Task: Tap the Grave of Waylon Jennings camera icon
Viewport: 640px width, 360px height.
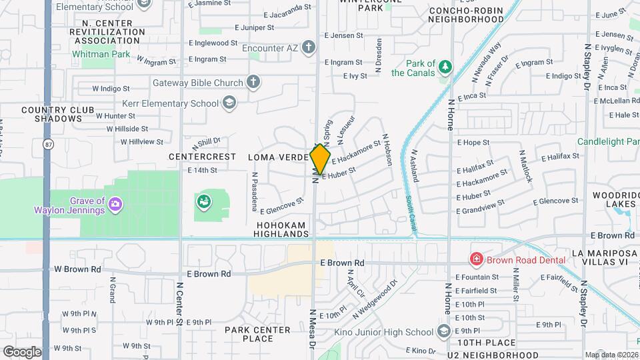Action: [115, 202]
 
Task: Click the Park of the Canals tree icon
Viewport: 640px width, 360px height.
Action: [445, 65]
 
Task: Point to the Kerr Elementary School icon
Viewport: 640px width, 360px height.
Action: [229, 103]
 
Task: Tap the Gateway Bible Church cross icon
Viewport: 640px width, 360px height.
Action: [253, 82]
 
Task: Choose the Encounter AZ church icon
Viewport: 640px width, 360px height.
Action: [307, 47]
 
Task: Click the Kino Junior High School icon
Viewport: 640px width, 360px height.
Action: [444, 332]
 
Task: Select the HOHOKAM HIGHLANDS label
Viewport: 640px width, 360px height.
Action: [283, 230]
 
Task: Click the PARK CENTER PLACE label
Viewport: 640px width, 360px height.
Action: [249, 334]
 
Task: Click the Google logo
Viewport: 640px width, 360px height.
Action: [22, 351]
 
